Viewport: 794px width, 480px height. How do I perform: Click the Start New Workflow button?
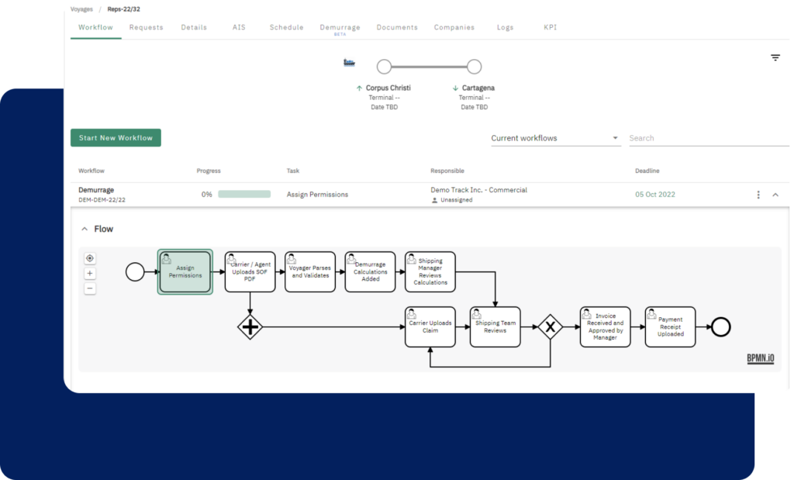click(x=116, y=138)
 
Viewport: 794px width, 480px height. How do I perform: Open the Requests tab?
click(x=146, y=27)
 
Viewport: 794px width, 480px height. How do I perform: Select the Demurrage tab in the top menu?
click(x=340, y=27)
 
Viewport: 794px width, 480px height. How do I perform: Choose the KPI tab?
click(x=550, y=27)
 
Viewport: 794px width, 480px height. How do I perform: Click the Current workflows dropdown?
click(x=555, y=138)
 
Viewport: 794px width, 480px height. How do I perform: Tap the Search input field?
click(x=709, y=138)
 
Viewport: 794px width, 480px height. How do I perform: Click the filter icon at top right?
click(x=775, y=57)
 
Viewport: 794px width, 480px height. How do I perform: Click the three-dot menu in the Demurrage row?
click(x=758, y=195)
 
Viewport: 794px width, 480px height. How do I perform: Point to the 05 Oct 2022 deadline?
click(x=654, y=195)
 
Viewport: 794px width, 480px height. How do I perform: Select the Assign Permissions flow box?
click(x=185, y=272)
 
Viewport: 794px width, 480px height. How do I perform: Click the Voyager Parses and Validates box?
click(x=310, y=272)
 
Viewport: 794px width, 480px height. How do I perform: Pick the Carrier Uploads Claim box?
click(x=430, y=327)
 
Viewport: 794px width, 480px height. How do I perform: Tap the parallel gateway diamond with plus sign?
click(x=250, y=327)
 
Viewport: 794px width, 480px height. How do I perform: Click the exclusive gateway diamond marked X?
click(x=550, y=327)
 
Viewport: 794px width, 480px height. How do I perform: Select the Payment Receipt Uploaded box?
click(x=670, y=327)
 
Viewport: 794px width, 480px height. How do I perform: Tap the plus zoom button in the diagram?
click(x=90, y=274)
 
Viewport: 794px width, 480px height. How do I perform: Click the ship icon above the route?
click(x=349, y=63)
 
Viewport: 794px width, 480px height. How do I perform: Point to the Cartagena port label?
click(x=478, y=88)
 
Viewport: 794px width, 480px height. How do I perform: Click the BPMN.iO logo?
click(x=760, y=358)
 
